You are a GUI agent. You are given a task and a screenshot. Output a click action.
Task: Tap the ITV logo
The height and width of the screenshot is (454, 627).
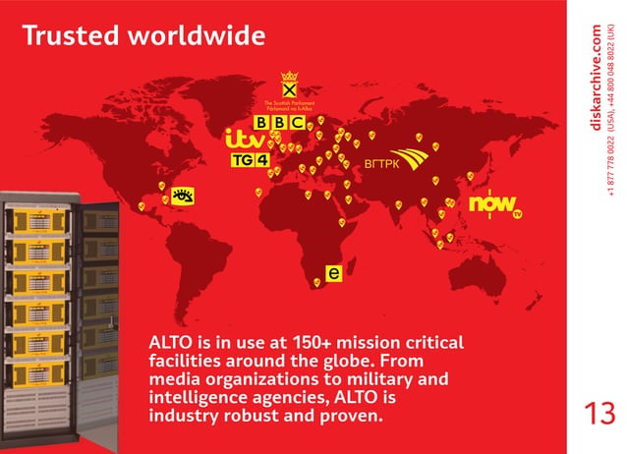pos(245,139)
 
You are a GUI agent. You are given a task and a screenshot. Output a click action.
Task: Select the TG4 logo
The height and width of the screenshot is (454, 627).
pos(250,159)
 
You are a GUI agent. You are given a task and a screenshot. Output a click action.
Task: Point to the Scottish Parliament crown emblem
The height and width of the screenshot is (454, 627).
pos(288,85)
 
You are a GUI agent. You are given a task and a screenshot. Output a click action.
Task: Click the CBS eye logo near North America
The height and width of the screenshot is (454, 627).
pos(182,198)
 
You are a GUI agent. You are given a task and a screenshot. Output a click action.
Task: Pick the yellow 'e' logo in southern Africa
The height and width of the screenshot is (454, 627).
pos(334,271)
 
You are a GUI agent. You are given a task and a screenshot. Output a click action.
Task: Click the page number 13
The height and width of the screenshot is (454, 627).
pos(598,412)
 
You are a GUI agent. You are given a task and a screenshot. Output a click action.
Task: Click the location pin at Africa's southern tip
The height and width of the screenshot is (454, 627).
pos(317,284)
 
